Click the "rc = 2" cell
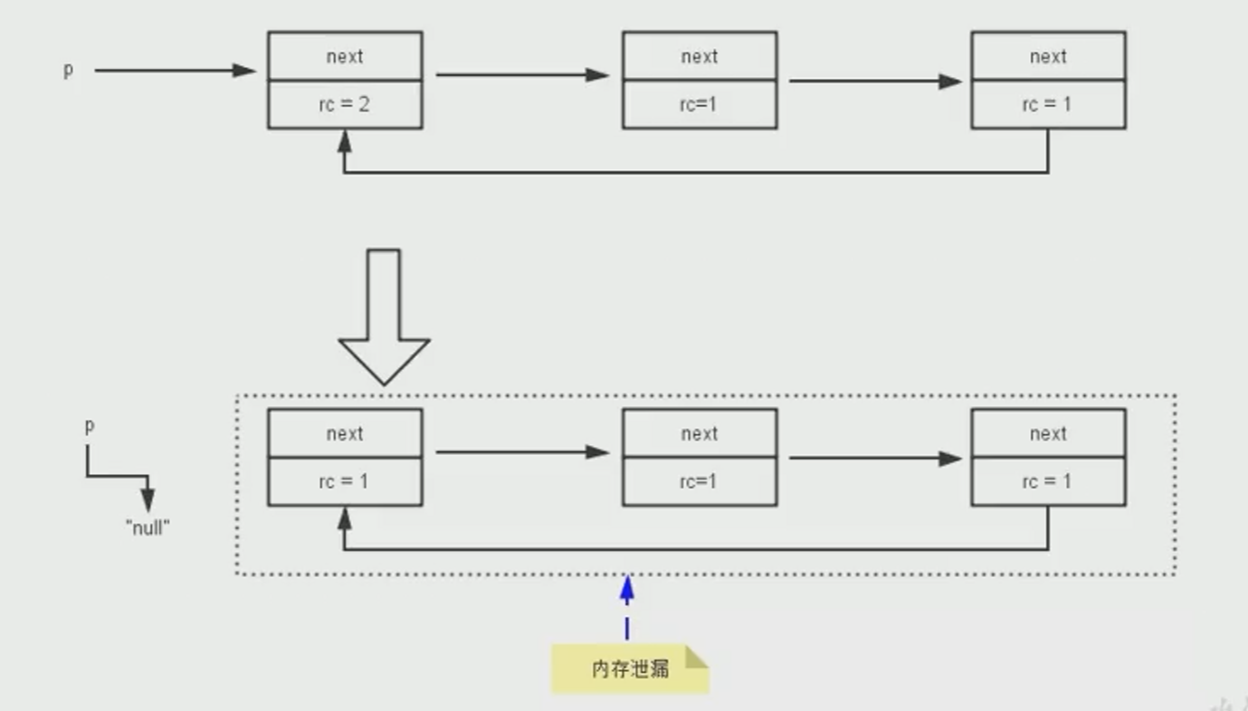[x=345, y=105]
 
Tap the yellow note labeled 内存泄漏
[x=630, y=669]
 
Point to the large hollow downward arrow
[x=384, y=317]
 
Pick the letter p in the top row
[x=68, y=71]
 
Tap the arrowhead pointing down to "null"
[x=148, y=500]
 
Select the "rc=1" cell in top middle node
[x=699, y=105]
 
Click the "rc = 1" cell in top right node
[x=1048, y=105]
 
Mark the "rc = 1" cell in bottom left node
[x=345, y=482]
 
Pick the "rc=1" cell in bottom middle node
[x=699, y=482]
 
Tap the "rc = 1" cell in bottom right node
[x=1048, y=482]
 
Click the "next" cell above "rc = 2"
[x=345, y=57]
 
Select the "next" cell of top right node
[x=1048, y=57]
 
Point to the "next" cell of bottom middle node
[x=699, y=434]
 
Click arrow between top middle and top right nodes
[x=874, y=81]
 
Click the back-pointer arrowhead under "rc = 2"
[x=344, y=139]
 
